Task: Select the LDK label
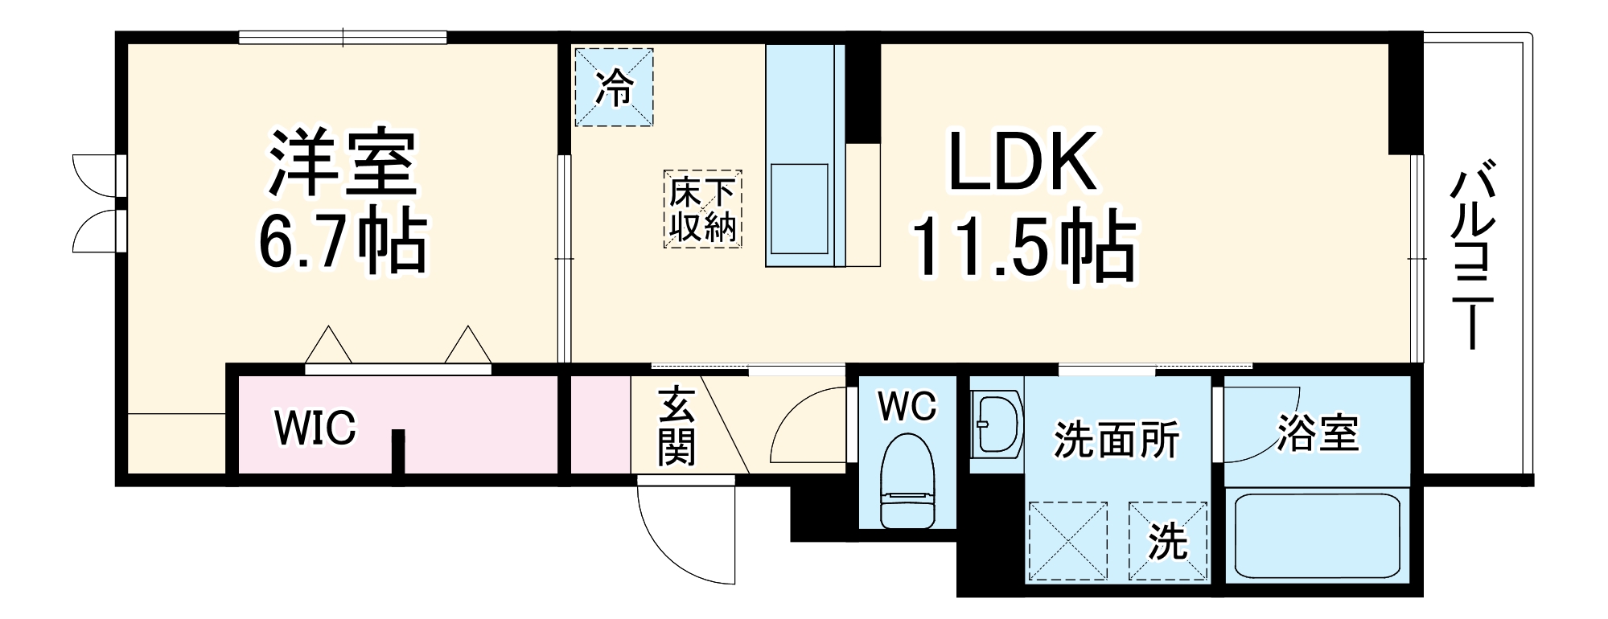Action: (x=1022, y=162)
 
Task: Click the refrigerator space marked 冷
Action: (x=613, y=87)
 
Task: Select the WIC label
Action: (x=315, y=428)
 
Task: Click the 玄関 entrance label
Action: (x=677, y=427)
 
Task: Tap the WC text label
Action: (x=907, y=406)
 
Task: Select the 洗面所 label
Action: (x=1117, y=440)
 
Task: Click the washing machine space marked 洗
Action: (x=1167, y=541)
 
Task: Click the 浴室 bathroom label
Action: (x=1318, y=433)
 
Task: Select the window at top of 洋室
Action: (x=343, y=37)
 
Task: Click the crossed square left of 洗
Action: (x=1067, y=541)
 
